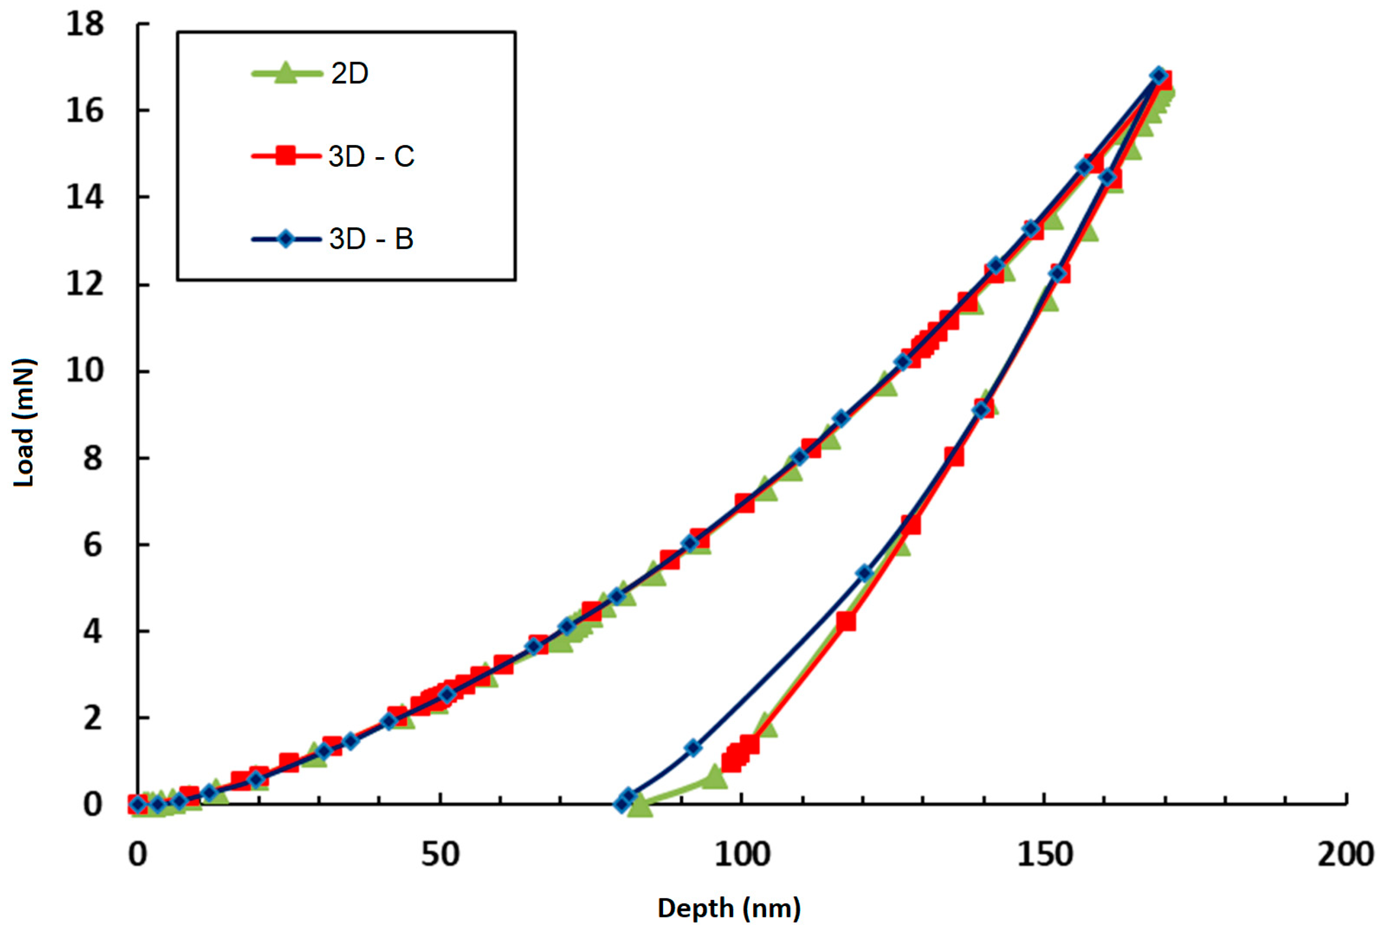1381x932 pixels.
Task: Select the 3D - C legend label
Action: coord(371,156)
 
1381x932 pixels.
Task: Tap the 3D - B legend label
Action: coord(371,239)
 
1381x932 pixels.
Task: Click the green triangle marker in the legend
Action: coord(285,73)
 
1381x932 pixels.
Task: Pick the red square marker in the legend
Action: coord(286,156)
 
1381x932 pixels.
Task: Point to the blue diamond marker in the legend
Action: coord(286,239)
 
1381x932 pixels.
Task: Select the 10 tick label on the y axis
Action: coord(85,370)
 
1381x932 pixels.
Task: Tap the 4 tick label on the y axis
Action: coord(92,631)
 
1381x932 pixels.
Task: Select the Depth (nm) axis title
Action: coord(729,908)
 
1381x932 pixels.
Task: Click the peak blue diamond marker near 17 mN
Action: coord(1158,76)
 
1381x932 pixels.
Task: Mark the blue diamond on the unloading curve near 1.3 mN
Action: coord(693,748)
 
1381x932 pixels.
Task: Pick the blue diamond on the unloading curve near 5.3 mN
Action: coord(865,573)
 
